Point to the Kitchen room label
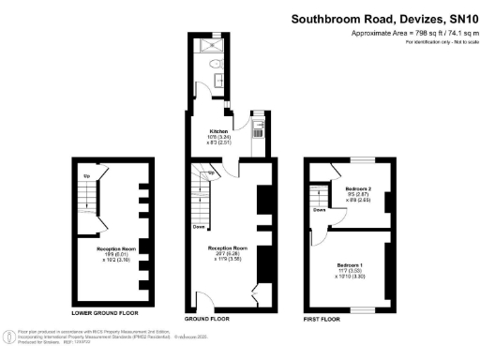point(217,132)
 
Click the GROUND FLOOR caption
point(232,319)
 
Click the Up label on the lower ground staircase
point(86,176)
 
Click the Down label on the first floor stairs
point(320,211)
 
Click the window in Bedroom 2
point(361,161)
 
